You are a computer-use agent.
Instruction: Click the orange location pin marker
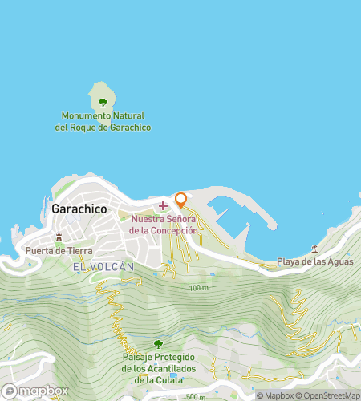181,200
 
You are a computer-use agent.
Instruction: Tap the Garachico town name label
79,208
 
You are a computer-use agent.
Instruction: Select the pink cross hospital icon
164,205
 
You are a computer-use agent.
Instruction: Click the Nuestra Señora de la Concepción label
164,225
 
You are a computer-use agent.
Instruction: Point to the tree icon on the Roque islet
103,102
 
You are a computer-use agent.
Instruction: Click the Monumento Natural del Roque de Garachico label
103,122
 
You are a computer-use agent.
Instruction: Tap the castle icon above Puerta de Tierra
58,237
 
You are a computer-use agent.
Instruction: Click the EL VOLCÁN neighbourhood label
103,266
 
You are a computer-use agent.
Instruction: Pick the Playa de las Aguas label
314,261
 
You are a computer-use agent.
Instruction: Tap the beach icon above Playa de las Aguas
314,248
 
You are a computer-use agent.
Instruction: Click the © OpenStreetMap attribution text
327,395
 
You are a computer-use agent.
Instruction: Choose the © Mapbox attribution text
274,395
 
